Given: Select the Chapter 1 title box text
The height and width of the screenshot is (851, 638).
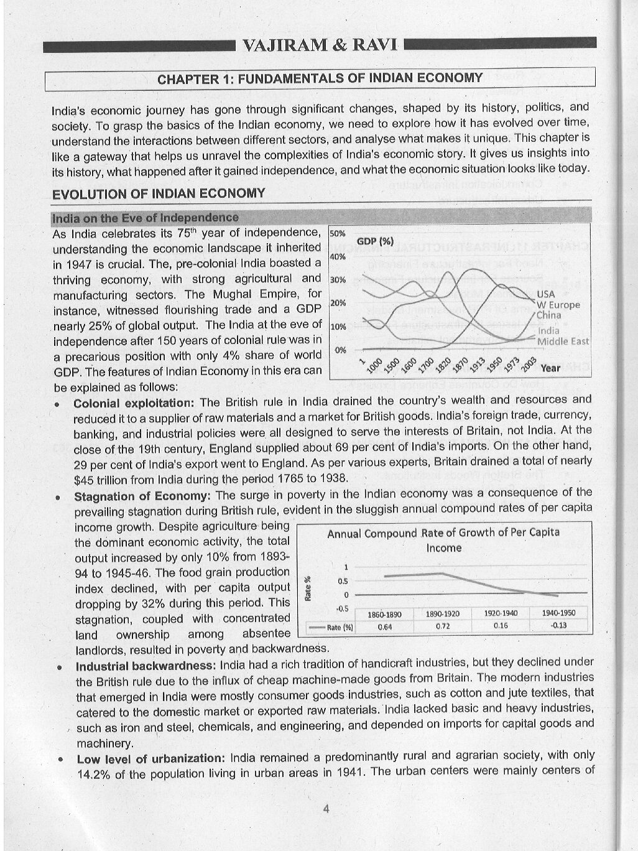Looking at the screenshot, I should click(320, 78).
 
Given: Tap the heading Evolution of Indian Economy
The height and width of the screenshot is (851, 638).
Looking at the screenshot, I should click(159, 193).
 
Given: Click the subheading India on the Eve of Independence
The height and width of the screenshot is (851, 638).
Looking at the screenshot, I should click(145, 218).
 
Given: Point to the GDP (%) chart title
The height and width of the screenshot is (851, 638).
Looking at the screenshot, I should click(375, 241).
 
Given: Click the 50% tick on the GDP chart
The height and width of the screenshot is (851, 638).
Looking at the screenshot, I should click(338, 234).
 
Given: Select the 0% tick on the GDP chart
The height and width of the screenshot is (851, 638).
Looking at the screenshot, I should click(340, 350).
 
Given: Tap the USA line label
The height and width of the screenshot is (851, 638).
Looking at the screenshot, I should click(545, 294).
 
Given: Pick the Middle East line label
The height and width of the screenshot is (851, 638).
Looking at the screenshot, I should click(563, 342).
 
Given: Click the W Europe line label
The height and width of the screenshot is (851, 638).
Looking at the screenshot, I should click(558, 305).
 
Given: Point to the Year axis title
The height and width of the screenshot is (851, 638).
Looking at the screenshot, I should click(550, 368).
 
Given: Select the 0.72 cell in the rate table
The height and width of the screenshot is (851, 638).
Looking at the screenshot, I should click(443, 626).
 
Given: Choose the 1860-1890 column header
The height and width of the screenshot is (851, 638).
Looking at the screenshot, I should click(384, 613).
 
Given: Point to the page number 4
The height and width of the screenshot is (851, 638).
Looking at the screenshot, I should click(326, 809).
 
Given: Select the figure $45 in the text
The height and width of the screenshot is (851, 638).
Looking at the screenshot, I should click(83, 480).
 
